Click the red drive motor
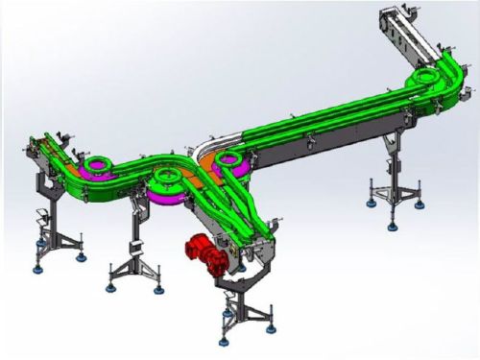point(206,254)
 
